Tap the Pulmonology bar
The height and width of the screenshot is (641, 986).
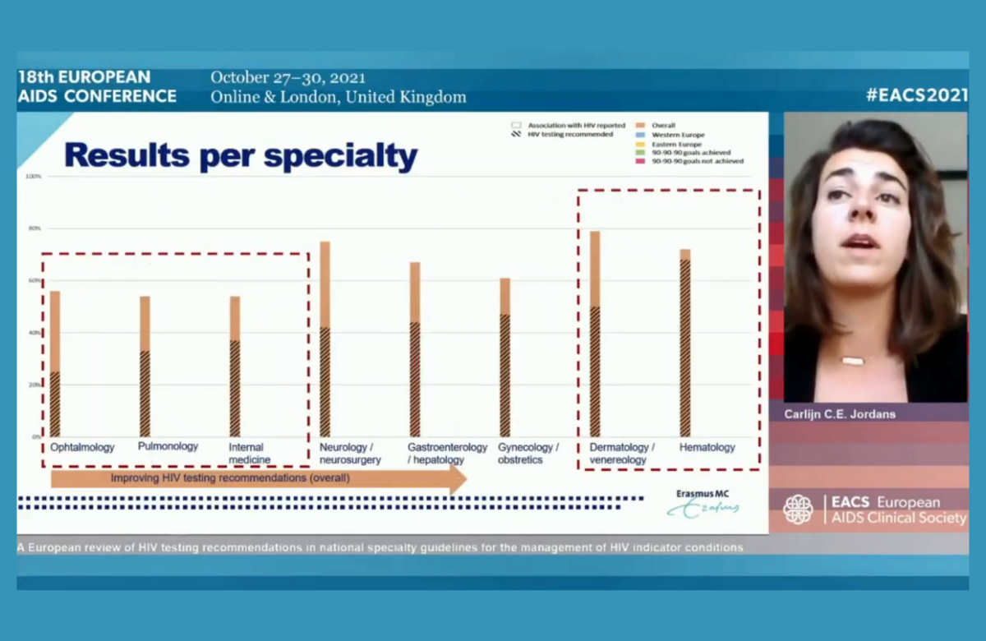point(145,367)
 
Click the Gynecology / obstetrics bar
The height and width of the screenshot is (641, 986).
point(505,357)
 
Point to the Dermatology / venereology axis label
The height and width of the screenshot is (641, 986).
point(622,454)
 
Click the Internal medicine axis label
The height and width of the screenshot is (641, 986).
point(249,454)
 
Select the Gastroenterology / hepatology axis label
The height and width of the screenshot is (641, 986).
point(447,454)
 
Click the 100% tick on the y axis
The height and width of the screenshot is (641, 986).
point(34,176)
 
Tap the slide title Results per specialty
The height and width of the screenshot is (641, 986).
point(241,155)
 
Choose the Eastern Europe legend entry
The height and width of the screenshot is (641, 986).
point(676,144)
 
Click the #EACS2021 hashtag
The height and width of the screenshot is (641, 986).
point(915,95)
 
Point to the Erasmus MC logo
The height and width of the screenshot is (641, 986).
point(703,504)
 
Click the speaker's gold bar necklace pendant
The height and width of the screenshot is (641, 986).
point(852,361)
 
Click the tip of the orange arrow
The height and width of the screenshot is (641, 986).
point(464,478)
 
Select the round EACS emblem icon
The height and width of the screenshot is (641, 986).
point(798,510)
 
